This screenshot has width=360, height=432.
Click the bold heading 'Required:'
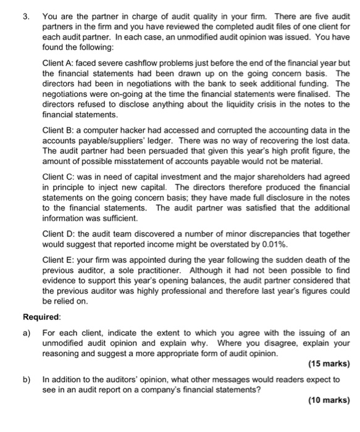coord(42,317)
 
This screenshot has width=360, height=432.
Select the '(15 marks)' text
coord(328,363)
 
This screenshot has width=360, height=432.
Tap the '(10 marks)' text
coord(328,400)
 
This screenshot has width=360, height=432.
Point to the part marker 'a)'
coord(27,332)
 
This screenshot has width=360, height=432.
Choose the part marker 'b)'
coord(27,379)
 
